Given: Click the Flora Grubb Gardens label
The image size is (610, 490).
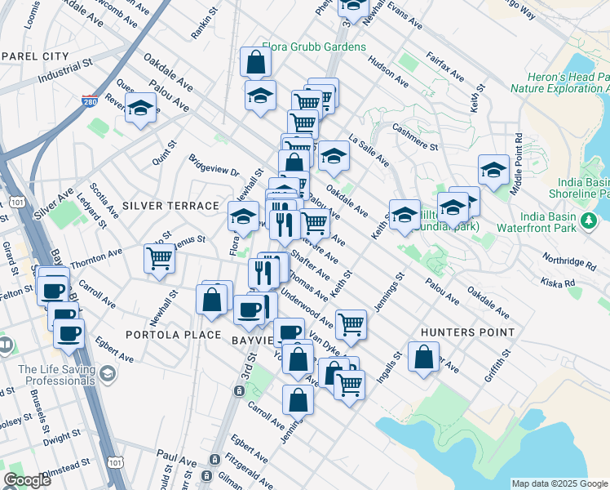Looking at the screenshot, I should coord(314,47).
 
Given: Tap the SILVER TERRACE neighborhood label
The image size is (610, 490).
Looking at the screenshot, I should coord(170,206).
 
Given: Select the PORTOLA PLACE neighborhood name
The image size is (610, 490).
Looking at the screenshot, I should coord(173,335).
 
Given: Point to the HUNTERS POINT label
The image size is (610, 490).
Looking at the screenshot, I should coord(467,332).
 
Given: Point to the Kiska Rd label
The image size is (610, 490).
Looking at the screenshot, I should coord(559,283).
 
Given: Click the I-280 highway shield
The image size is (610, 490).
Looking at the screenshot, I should coord(91,102).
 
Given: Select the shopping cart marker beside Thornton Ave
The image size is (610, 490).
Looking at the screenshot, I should coord(159,258).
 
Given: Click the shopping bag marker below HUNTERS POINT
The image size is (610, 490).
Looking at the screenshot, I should coord(423,357).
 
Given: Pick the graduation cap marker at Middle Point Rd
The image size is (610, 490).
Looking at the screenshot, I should coord(493,169).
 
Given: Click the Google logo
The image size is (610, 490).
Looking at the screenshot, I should coord(26,480).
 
